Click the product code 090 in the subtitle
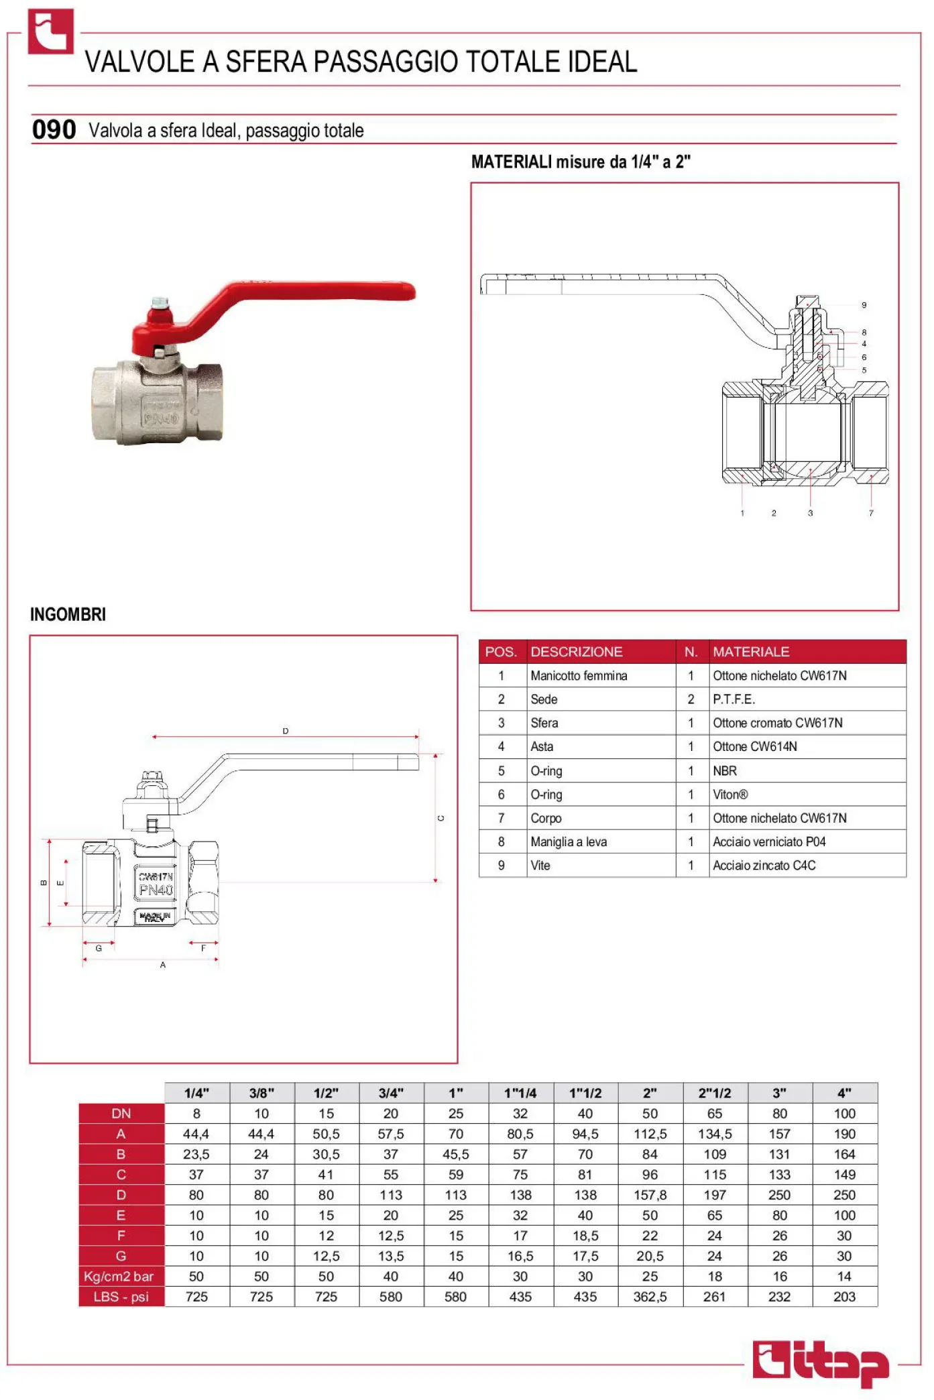pyautogui.click(x=54, y=129)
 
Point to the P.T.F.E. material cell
pyautogui.click(x=734, y=699)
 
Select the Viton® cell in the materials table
pyautogui.click(x=730, y=795)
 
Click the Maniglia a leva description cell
pyautogui.click(x=569, y=842)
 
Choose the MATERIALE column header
pyautogui.click(x=751, y=652)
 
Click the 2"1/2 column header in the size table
pyautogui.click(x=714, y=1093)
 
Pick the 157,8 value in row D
pyautogui.click(x=650, y=1195)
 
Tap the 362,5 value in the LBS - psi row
pyautogui.click(x=650, y=1297)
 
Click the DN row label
pyautogui.click(x=121, y=1114)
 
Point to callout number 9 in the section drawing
pyautogui.click(x=864, y=305)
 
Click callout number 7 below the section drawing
pyautogui.click(x=871, y=513)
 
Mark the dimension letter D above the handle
pyautogui.click(x=286, y=731)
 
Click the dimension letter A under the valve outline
pyautogui.click(x=163, y=965)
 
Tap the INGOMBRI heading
pyautogui.click(x=68, y=614)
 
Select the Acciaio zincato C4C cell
pyautogui.click(x=764, y=866)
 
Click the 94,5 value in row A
pyautogui.click(x=585, y=1134)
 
